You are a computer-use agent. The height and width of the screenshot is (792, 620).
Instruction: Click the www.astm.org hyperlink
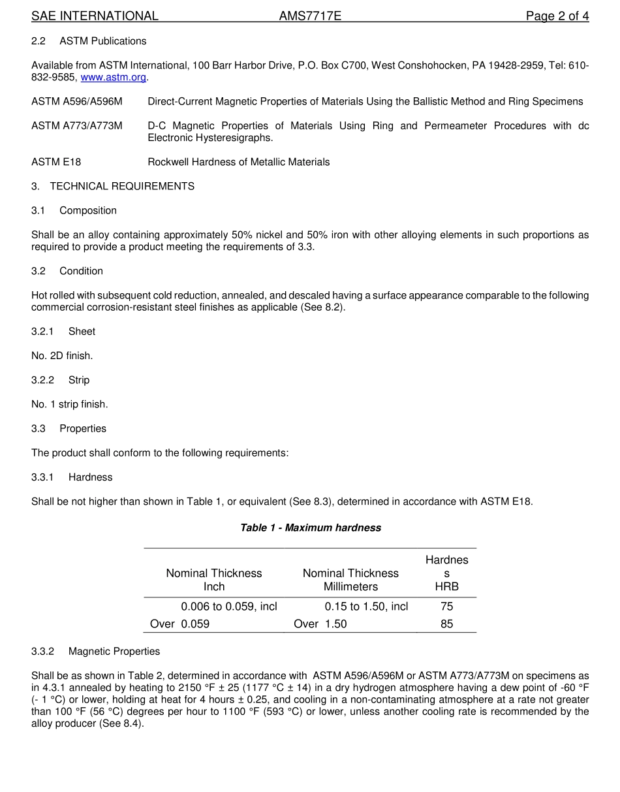coord(113,77)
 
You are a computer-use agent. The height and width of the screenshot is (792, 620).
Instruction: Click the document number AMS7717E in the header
coord(310,16)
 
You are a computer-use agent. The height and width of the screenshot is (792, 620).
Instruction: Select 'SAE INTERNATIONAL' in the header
coord(95,16)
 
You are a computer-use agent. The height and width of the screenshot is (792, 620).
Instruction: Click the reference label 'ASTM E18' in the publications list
coord(56,162)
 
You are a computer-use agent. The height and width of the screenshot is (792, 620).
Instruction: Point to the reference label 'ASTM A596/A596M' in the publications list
coord(76,101)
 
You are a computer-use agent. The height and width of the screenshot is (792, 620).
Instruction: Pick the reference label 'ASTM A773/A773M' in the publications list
coord(76,125)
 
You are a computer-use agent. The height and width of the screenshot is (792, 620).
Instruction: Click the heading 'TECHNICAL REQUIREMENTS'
coord(122,186)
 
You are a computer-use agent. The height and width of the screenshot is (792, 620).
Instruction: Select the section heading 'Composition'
coord(88,210)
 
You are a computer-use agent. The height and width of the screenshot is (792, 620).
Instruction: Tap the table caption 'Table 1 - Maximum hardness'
coord(311,528)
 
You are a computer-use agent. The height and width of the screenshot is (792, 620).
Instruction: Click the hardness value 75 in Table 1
coord(446,607)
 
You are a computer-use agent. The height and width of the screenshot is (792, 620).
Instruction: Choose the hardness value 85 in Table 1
coord(446,624)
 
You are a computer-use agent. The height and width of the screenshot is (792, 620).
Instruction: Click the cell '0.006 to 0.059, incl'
coord(229,607)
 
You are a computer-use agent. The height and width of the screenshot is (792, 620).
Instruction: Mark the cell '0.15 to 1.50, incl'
coord(366,607)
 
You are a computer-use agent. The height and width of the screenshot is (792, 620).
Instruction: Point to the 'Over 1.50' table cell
coord(320,624)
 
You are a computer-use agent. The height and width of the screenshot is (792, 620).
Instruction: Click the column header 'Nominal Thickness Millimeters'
coord(350,580)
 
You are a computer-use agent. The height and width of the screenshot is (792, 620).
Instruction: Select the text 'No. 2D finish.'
coord(62,356)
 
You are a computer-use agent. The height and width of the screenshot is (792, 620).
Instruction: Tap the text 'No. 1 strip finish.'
coord(70,404)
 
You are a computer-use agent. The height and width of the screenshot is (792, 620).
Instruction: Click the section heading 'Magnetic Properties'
coord(114,651)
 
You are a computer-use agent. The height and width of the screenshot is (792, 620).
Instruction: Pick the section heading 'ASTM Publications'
coord(103,41)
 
